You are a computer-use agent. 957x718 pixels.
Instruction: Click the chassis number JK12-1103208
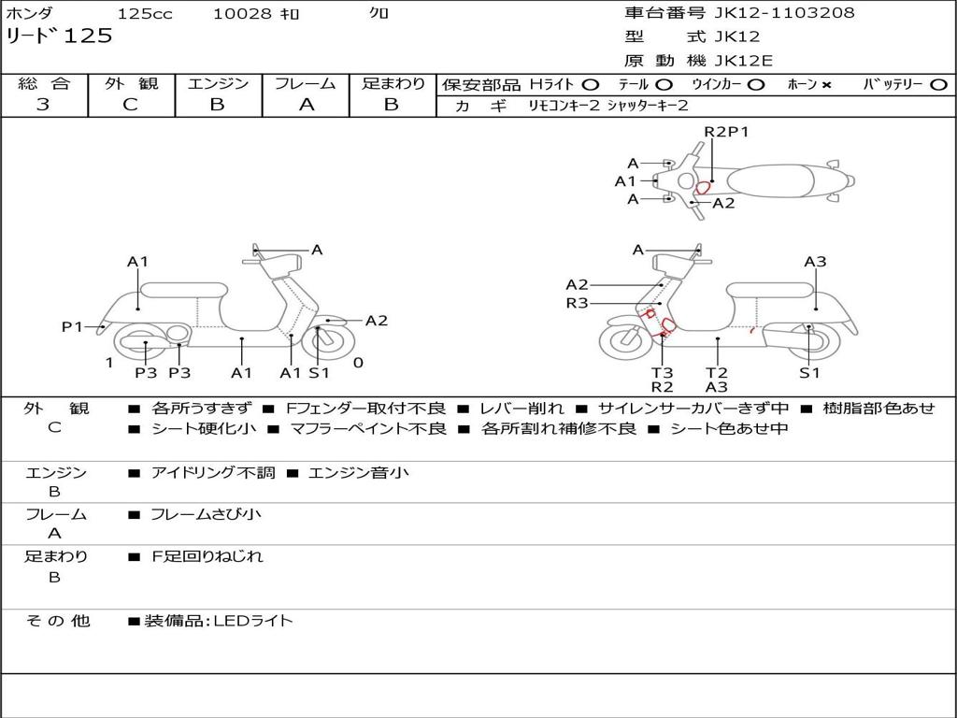784,13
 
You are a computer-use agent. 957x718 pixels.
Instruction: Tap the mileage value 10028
242,14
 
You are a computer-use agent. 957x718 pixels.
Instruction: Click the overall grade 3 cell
43,105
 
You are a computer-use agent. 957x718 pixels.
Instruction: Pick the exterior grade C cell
131,105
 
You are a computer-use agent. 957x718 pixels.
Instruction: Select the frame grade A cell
307,105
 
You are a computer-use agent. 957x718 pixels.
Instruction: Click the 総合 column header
43,84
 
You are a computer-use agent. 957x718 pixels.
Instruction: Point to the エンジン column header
218,84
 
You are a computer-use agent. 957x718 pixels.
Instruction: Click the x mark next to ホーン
826,85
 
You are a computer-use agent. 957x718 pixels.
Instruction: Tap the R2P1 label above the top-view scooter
726,132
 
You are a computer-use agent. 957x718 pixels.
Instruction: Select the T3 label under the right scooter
662,372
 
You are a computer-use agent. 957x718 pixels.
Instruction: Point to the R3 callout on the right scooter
577,303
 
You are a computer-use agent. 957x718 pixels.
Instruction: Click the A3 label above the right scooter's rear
815,262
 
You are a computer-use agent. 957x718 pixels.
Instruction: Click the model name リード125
59,36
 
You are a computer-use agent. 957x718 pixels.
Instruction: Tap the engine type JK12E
743,61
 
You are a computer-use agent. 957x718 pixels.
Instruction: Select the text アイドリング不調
213,473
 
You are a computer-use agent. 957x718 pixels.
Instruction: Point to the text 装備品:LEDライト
218,621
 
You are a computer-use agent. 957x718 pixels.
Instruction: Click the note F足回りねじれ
207,556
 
